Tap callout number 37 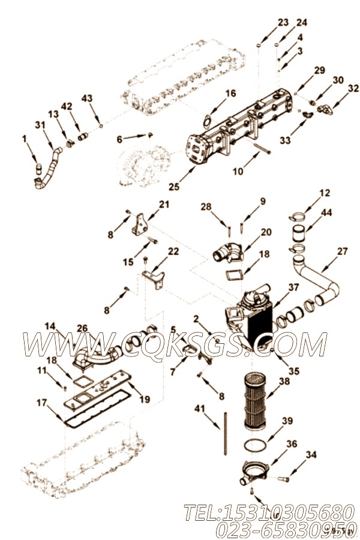coord(293,287)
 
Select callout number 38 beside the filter coord(284,380)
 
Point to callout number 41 coord(200,409)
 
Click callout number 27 coord(342,251)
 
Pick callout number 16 coord(230,93)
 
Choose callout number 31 coord(40,125)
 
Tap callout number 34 coord(311,455)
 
